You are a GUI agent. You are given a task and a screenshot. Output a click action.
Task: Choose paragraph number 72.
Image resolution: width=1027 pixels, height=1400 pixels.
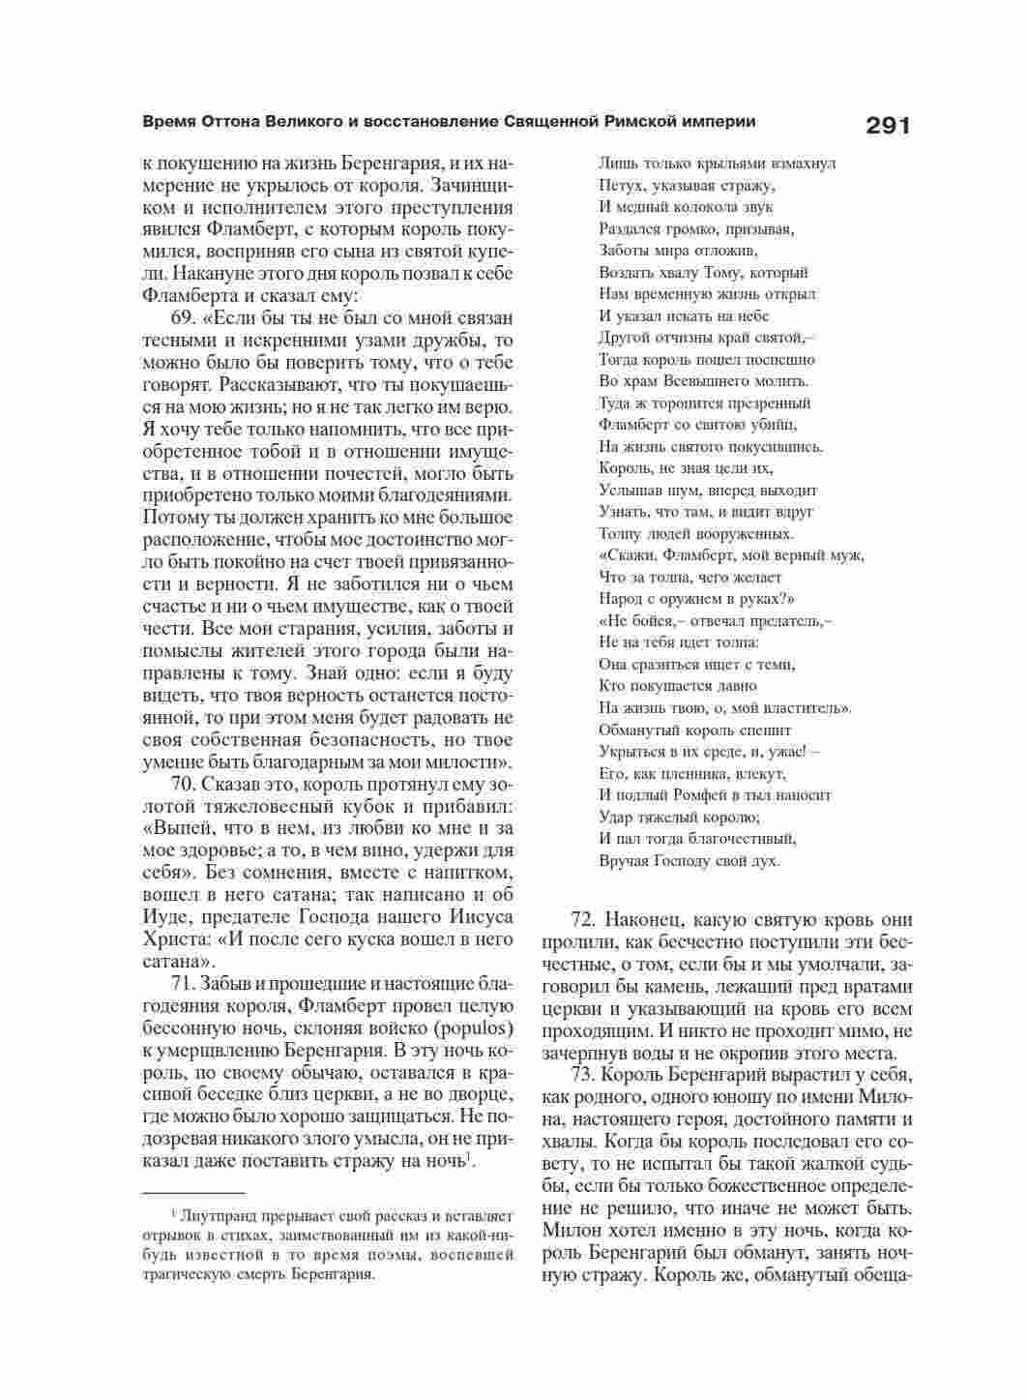tap(585, 920)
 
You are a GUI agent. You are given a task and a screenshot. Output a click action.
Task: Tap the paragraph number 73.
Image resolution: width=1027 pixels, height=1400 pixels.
tap(585, 1076)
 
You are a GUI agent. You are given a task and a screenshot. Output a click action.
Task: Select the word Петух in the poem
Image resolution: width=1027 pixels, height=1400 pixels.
tap(619, 185)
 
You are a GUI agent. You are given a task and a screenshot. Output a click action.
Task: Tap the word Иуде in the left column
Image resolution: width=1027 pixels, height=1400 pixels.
tap(166, 917)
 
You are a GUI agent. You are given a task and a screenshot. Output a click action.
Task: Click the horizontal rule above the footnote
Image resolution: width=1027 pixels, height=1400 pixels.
tap(193, 1194)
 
